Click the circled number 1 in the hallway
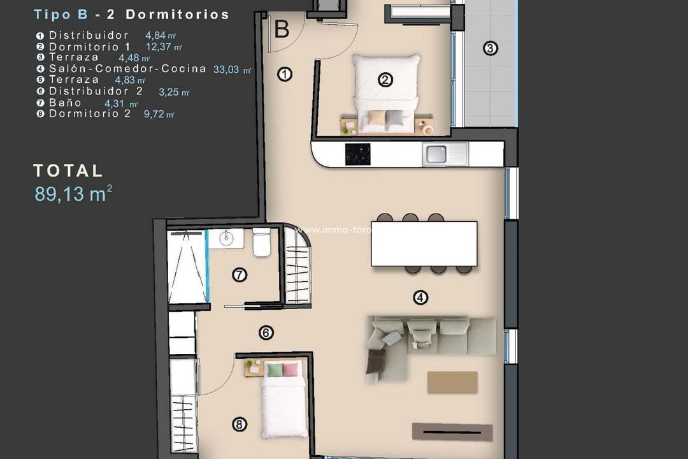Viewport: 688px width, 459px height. coord(285,75)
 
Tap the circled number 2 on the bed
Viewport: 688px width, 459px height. coord(385,80)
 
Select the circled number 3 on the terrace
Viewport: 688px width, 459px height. coord(489,48)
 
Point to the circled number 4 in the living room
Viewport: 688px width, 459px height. coord(420,296)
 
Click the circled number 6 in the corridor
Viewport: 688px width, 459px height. coord(266,332)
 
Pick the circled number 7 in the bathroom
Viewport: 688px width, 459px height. coord(240,275)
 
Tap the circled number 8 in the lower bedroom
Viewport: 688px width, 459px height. coord(240,424)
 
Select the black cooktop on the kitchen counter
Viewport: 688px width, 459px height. coord(357,154)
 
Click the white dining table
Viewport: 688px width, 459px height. coord(424,244)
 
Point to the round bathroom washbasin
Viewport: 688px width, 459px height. coord(226,238)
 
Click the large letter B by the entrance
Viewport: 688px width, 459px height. coord(282,29)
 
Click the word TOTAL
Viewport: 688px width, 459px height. coord(68,170)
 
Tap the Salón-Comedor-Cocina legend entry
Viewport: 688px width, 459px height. coord(127,69)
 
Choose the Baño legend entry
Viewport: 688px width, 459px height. coord(65,103)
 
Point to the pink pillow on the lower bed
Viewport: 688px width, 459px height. coord(290,370)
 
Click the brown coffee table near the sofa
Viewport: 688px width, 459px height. coord(452,382)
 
